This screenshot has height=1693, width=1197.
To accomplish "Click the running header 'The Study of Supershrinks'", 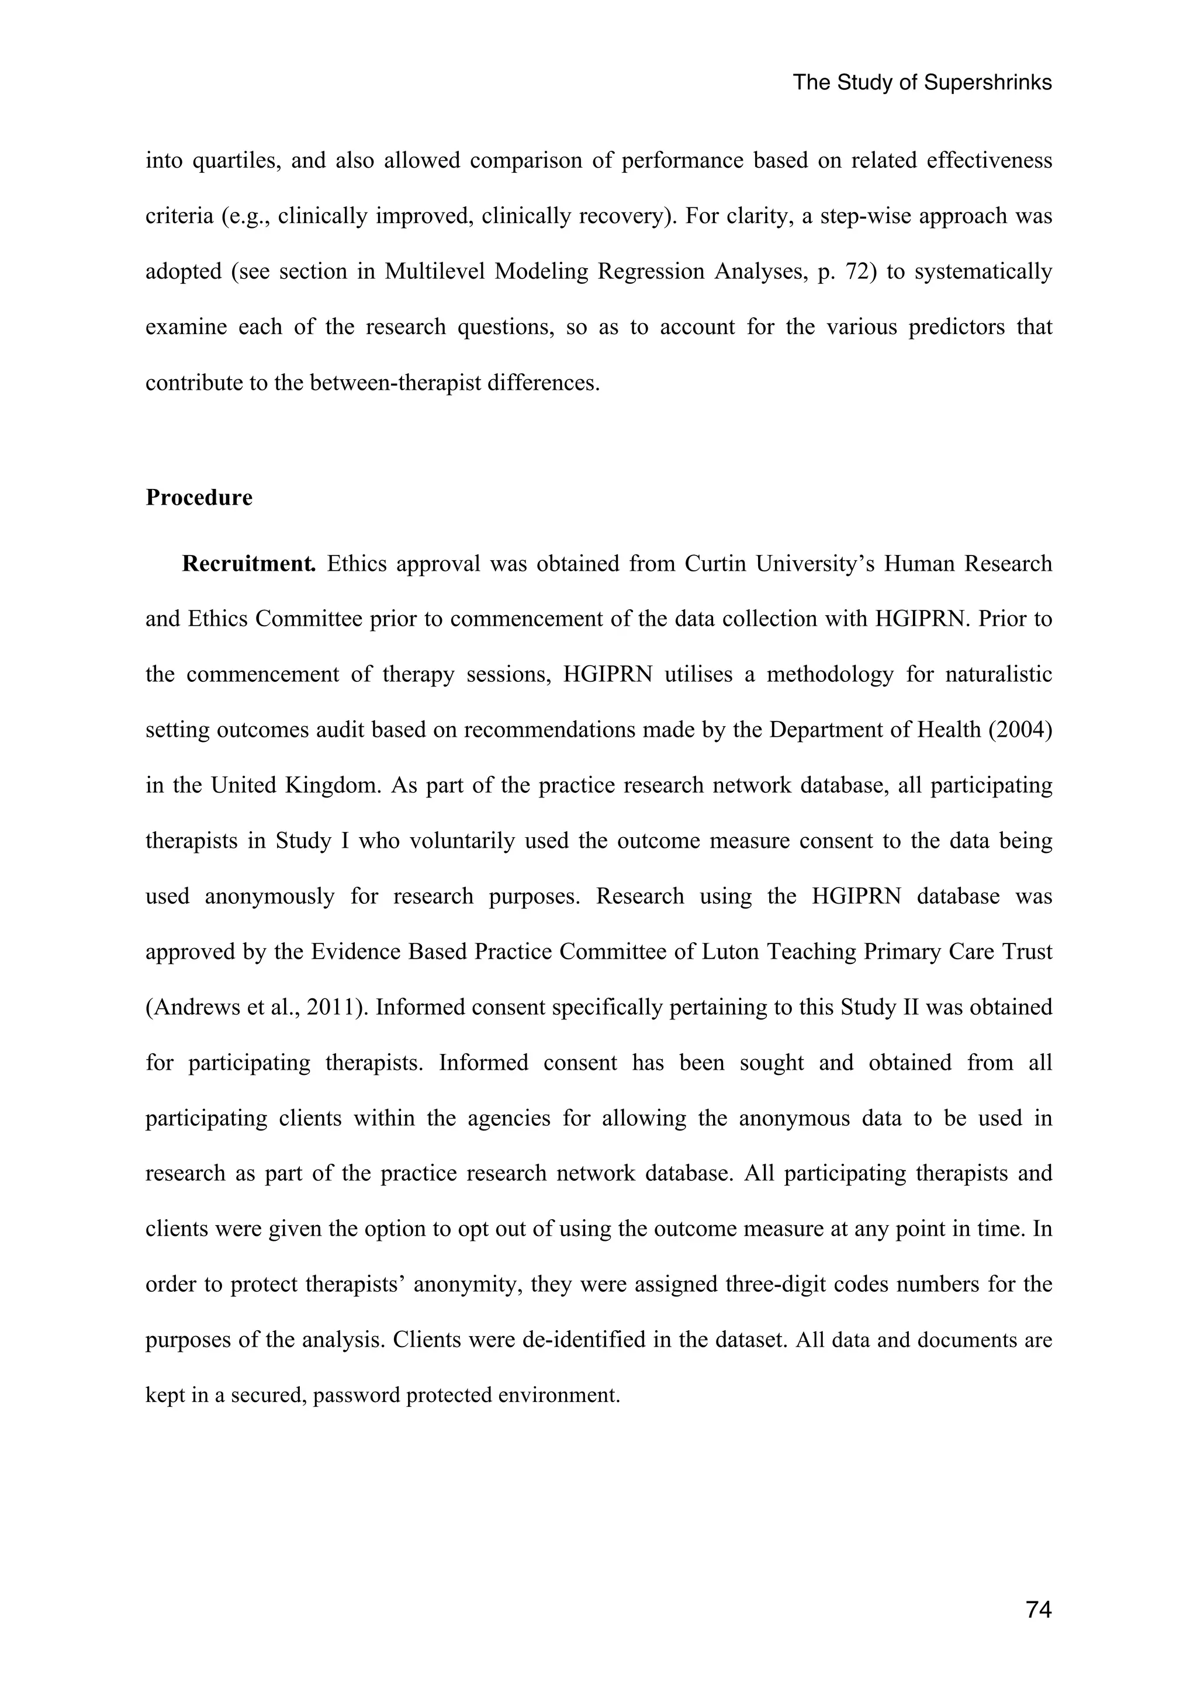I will (x=922, y=82).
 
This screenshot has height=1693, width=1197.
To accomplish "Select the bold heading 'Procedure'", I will (x=199, y=498).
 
